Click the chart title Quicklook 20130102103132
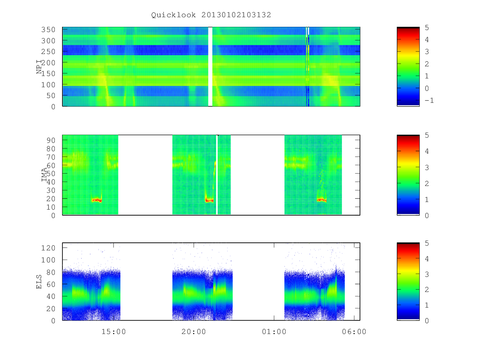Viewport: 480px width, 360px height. [211, 15]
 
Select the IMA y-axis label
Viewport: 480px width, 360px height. [44, 175]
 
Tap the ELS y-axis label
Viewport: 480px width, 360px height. [39, 282]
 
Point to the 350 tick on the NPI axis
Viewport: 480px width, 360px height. [48, 30]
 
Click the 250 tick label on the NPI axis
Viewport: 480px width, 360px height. [48, 52]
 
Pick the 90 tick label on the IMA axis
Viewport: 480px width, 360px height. [51, 140]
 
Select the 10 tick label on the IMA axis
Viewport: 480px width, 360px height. [51, 207]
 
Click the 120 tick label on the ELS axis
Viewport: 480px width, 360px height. [48, 248]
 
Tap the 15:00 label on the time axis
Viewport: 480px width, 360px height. [114, 332]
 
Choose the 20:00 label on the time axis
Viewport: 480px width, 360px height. [194, 332]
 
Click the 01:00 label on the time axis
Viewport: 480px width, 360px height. [274, 332]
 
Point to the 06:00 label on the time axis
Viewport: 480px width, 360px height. [354, 332]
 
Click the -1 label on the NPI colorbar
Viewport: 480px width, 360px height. [429, 100]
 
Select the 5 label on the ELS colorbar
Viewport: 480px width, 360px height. [427, 243]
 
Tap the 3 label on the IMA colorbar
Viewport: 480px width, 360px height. [427, 168]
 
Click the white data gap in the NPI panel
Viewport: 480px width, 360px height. [210, 66]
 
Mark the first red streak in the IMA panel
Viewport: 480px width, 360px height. [97, 200]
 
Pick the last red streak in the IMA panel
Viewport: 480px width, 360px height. [322, 200]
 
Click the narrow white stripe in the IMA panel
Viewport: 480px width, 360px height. [217, 175]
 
